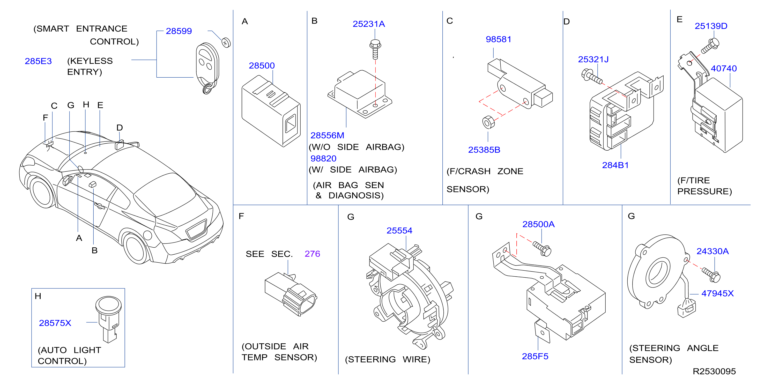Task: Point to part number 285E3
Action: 38,61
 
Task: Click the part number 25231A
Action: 369,24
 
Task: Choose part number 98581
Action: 498,39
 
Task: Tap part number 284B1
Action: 615,165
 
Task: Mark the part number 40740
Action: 724,69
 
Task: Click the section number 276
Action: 312,254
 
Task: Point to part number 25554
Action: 399,231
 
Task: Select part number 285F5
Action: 535,356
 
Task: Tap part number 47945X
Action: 717,293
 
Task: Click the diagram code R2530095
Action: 714,371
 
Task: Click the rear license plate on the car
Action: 196,229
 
